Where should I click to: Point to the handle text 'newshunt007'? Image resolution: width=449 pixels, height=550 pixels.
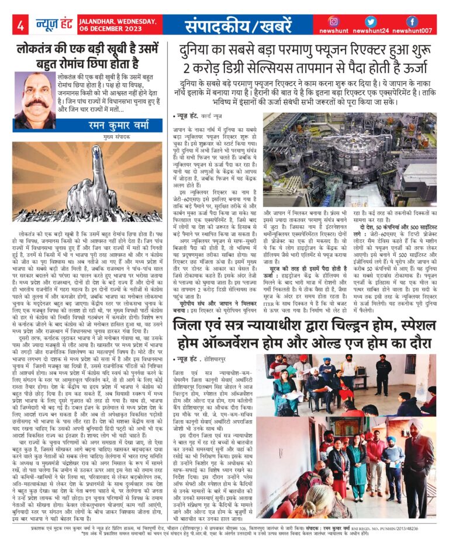(x=412, y=30)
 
